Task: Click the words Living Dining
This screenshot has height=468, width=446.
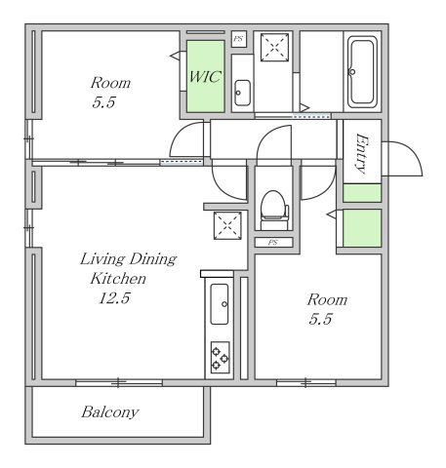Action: [x=127, y=259]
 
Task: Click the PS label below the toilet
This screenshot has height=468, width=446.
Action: [x=272, y=242]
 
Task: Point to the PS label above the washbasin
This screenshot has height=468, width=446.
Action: [x=238, y=39]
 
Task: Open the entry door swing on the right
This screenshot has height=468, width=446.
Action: [x=401, y=158]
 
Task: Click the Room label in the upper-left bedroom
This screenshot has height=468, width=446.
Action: [x=109, y=83]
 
